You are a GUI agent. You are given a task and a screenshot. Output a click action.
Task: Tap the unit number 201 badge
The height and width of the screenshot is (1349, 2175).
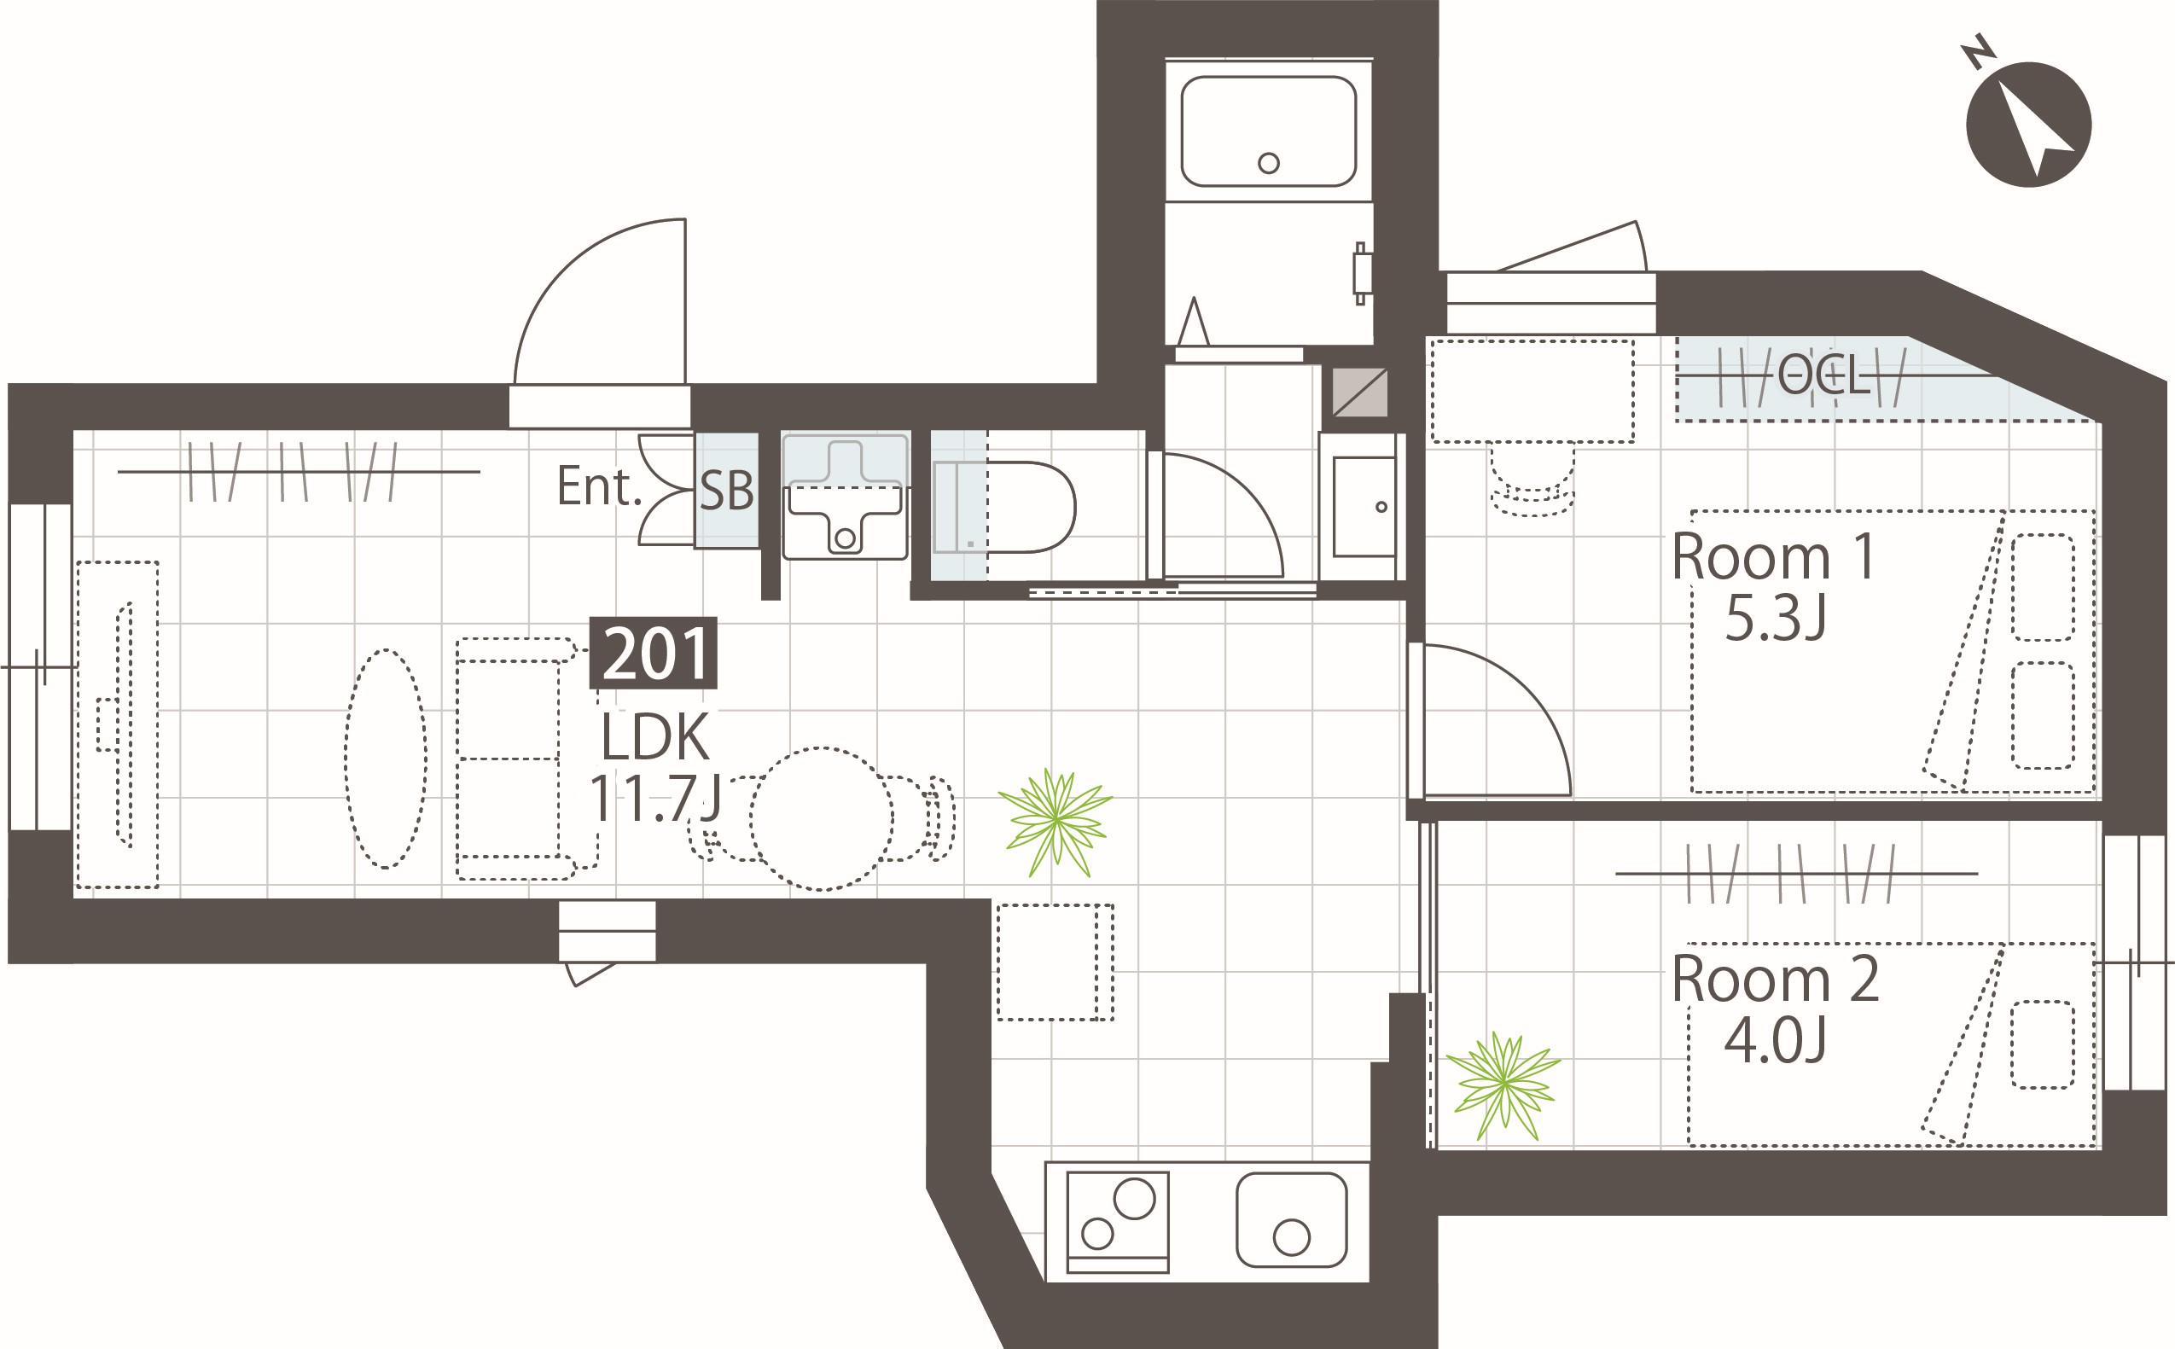(654, 653)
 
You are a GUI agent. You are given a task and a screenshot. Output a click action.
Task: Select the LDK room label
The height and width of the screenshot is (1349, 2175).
(654, 737)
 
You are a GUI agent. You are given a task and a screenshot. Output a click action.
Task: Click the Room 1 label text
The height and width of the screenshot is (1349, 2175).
(1774, 558)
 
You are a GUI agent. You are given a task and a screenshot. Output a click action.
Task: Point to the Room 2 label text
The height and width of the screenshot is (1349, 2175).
(1776, 980)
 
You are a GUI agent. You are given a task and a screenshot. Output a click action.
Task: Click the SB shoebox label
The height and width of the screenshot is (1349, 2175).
(726, 490)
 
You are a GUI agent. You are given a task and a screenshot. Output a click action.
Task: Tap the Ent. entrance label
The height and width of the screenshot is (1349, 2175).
(599, 486)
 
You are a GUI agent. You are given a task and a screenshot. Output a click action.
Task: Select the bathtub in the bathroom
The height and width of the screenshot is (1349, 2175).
(1269, 131)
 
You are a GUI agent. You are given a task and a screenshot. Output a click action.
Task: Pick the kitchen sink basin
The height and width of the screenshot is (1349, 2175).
(1291, 1219)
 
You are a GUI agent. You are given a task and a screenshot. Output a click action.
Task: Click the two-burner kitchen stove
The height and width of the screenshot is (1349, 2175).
(1118, 1221)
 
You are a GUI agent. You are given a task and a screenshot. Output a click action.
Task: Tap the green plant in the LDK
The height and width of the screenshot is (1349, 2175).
(1056, 821)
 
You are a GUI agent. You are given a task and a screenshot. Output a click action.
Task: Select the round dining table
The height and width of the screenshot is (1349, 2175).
(821, 818)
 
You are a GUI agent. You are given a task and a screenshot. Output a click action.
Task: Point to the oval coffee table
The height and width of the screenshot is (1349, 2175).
(386, 759)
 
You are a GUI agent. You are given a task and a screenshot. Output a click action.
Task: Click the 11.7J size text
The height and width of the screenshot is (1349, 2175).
(654, 799)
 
